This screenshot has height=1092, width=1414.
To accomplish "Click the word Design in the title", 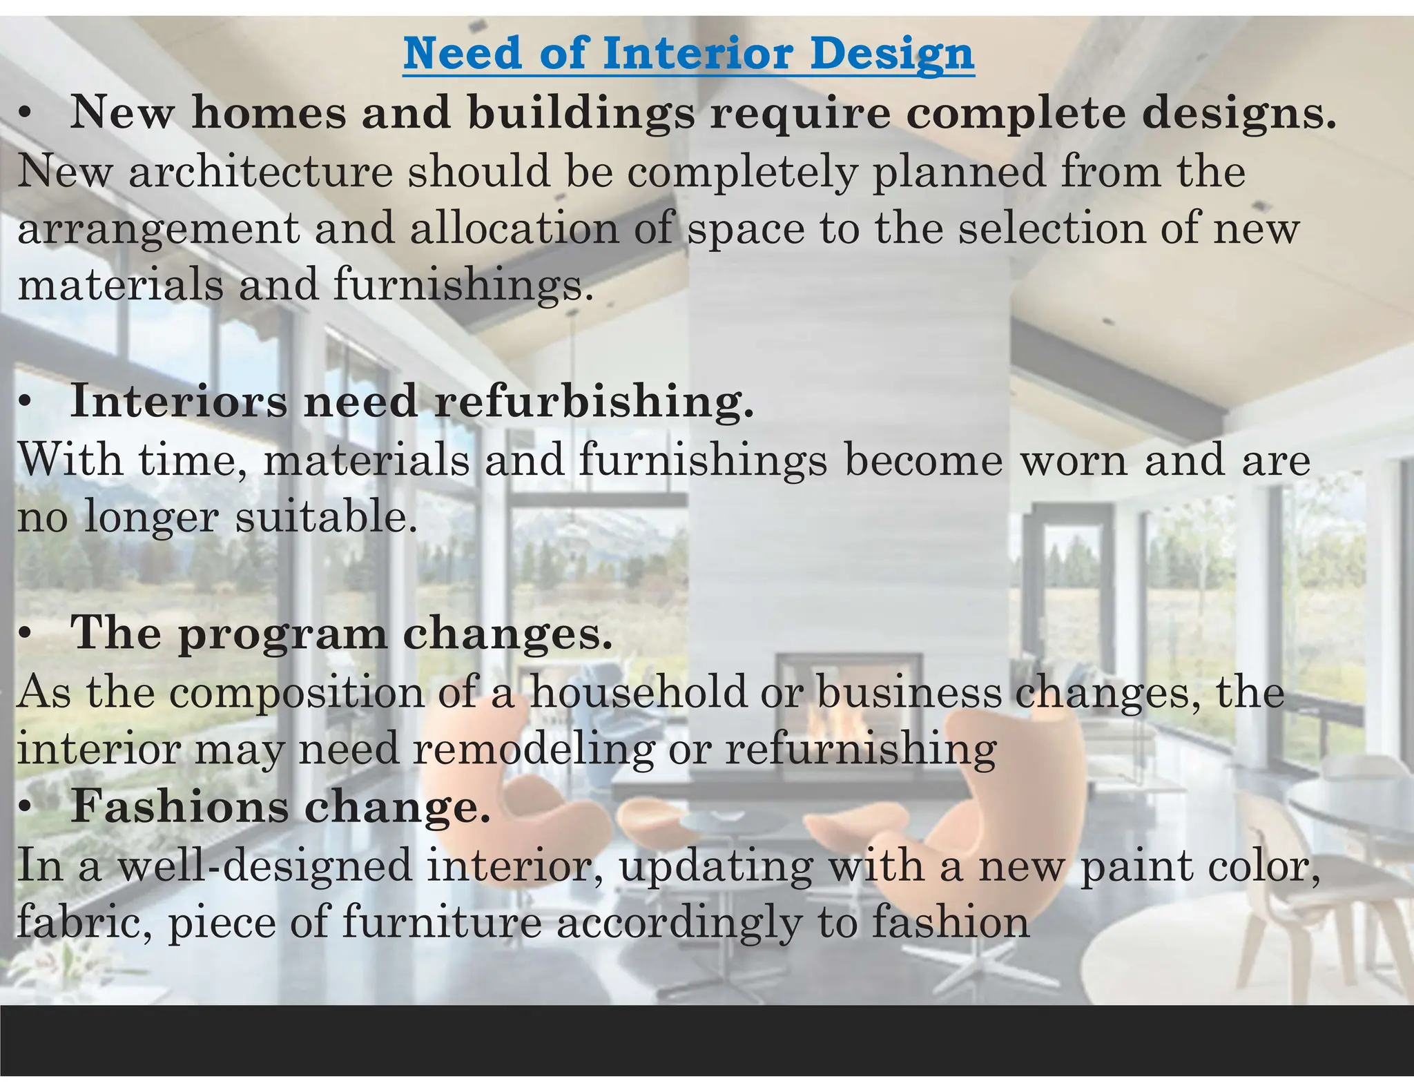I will [892, 53].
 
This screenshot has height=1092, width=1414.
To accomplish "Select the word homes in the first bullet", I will [269, 113].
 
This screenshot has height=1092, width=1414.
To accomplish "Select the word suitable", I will [326, 517].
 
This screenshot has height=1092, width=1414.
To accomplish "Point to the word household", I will [639, 692].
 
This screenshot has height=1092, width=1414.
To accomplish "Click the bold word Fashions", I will [179, 806].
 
